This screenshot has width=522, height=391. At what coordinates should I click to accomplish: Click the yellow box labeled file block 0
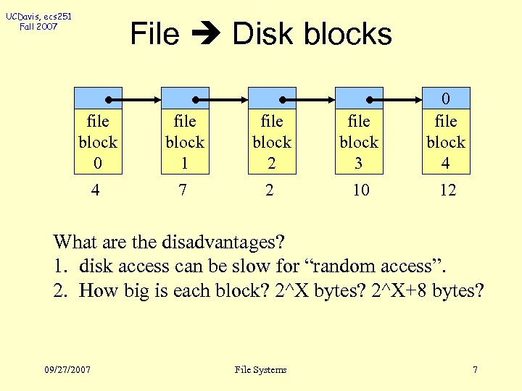click(x=98, y=142)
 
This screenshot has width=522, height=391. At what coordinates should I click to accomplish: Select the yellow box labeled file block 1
click(x=185, y=142)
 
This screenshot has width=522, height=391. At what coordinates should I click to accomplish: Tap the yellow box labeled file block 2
click(x=272, y=142)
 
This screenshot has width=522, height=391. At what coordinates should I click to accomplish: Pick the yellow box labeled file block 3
click(x=359, y=142)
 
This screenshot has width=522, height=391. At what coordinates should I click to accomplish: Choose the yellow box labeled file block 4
click(x=446, y=142)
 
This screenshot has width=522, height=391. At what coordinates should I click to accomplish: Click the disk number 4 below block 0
click(x=97, y=190)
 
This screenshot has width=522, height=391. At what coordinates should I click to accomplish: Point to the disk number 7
click(x=184, y=190)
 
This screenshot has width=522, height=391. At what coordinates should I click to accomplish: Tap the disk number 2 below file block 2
click(x=271, y=190)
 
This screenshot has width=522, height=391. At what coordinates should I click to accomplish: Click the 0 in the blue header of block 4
click(x=446, y=98)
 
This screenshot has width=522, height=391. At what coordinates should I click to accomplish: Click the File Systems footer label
click(x=261, y=369)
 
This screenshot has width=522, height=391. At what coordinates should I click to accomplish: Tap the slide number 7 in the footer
click(x=475, y=369)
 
